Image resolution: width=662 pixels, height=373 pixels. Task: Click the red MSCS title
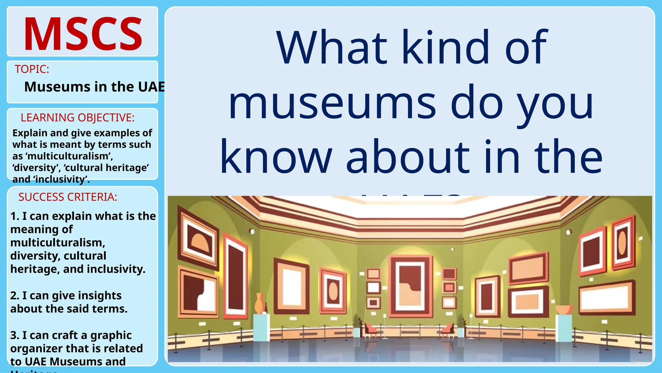coord(83,34)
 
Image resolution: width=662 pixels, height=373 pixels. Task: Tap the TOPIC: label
coord(32,69)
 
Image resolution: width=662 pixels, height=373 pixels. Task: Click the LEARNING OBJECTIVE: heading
coord(78,118)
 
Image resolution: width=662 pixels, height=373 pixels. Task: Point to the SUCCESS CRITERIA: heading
coord(68,197)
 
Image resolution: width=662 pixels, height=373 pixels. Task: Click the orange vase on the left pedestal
coord(260,303)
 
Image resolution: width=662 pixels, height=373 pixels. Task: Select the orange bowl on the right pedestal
coord(564,310)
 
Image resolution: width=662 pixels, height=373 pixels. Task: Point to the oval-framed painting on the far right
coord(622,243)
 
